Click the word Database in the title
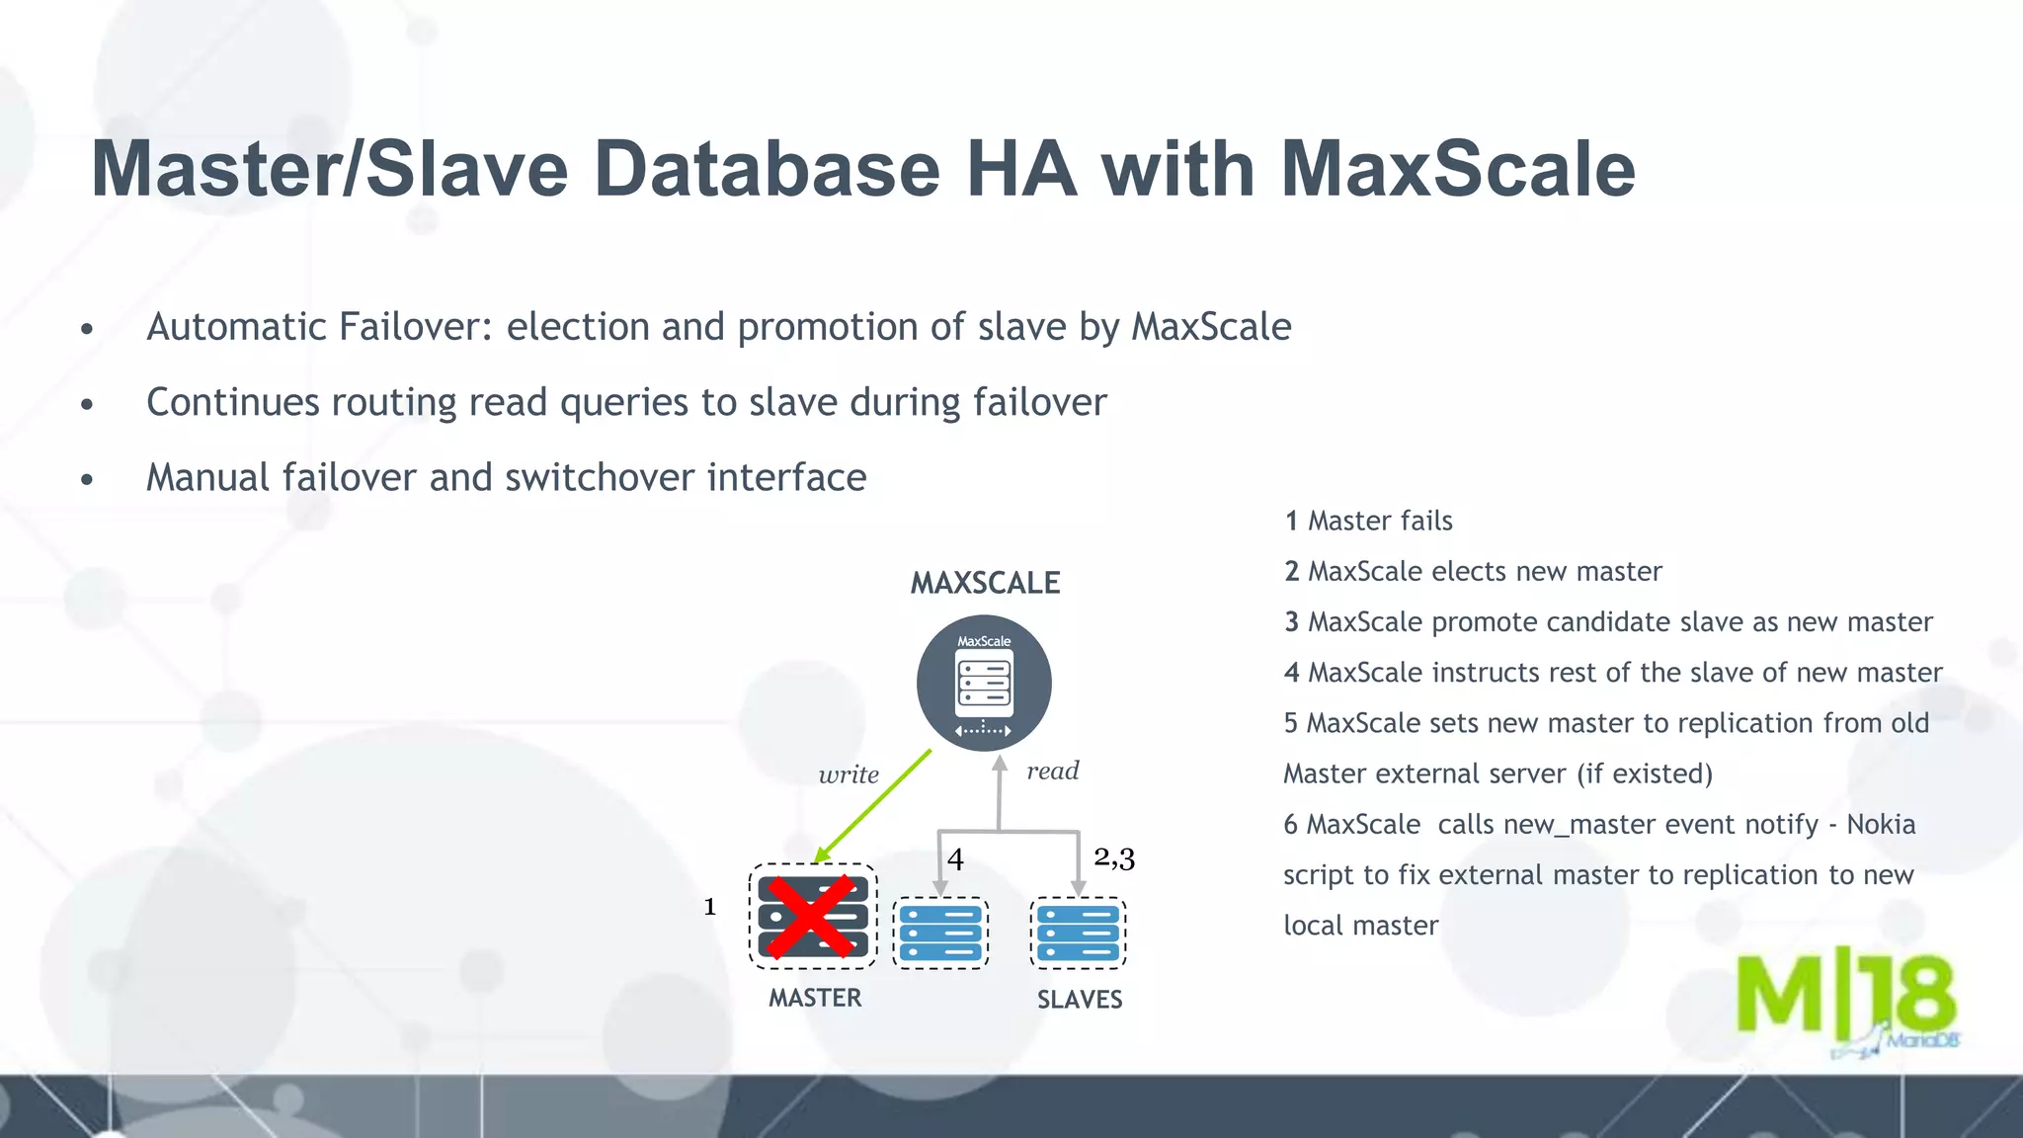click(768, 169)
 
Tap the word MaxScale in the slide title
click(1458, 169)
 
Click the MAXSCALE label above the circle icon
click(985, 583)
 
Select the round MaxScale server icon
click(984, 684)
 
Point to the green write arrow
click(874, 805)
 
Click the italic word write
click(849, 774)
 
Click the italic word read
click(1052, 771)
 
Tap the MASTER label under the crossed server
click(815, 998)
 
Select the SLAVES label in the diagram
click(1080, 1000)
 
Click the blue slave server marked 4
click(941, 934)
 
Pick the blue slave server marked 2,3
click(1079, 934)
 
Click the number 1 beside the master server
click(709, 907)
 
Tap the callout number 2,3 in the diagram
click(1114, 857)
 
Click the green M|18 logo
click(1845, 998)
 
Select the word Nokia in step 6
click(1881, 824)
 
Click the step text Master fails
click(1380, 521)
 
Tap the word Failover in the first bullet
click(415, 327)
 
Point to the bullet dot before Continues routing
click(87, 404)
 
